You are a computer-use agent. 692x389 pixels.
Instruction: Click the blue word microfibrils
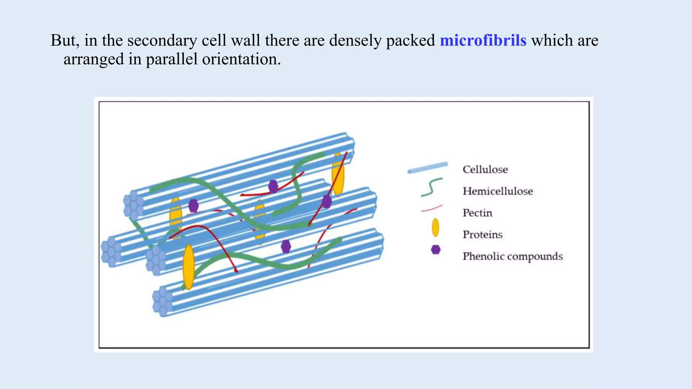[x=483, y=41]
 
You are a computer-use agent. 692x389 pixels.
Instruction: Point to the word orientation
[x=241, y=59]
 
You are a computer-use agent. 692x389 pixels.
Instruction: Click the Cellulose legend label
[x=485, y=170]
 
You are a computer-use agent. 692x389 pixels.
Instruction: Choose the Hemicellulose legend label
[x=497, y=191]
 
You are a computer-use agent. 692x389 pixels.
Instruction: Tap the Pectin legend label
[x=477, y=213]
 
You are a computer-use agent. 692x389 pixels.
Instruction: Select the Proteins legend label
[x=483, y=235]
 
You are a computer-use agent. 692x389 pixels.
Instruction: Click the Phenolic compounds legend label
[x=512, y=256]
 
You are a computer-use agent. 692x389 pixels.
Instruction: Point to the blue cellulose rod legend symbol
[x=428, y=167]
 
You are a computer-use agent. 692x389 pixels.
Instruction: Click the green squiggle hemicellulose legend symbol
[x=431, y=187]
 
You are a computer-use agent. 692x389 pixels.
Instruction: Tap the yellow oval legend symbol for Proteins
[x=436, y=227]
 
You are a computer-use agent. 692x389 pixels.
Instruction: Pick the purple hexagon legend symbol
[x=436, y=250]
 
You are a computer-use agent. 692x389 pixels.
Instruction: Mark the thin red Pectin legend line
[x=432, y=208]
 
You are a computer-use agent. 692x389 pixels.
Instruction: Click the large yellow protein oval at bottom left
[x=189, y=267]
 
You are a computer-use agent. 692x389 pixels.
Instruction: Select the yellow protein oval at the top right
[x=338, y=174]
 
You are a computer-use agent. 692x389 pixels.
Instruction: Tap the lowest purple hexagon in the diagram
[x=286, y=247]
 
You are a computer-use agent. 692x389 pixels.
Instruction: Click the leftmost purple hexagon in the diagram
[x=193, y=206]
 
